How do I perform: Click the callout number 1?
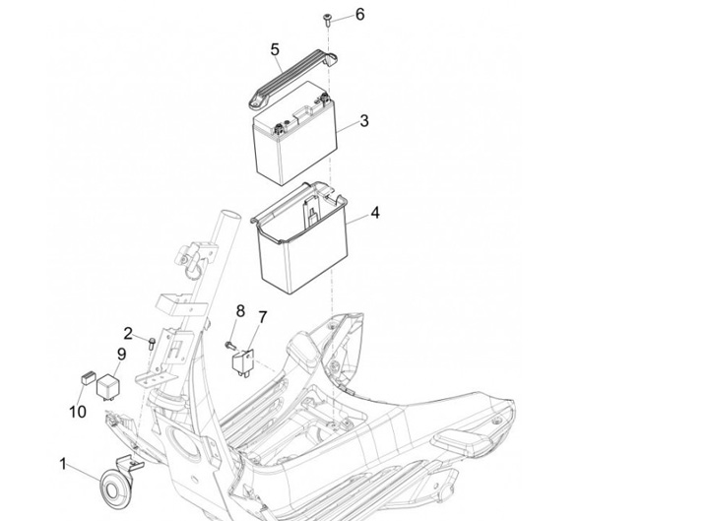tap(64, 463)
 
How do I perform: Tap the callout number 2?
tap(128, 332)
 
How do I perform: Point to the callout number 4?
tap(375, 213)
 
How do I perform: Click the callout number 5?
tap(275, 49)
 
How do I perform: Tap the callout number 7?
tap(263, 316)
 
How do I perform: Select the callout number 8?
tap(239, 311)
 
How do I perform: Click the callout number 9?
tap(122, 355)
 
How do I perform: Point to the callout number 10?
tap(78, 411)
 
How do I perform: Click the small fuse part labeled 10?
tap(86, 375)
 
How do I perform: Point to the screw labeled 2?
tap(150, 342)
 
